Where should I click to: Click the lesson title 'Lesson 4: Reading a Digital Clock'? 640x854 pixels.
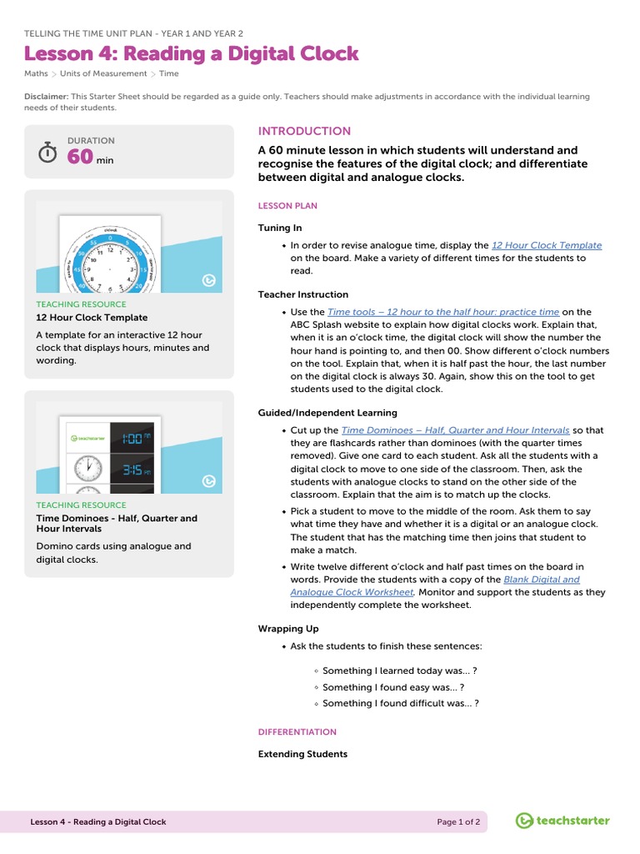click(192, 54)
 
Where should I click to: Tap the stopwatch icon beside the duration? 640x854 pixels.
click(48, 153)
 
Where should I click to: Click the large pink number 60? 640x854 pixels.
click(80, 157)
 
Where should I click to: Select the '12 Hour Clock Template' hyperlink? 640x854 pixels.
click(546, 245)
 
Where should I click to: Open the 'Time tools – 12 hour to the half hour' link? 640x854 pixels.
click(443, 312)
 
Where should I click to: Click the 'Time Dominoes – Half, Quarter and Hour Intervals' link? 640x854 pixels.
click(456, 430)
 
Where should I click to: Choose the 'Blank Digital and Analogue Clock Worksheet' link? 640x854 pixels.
click(434, 585)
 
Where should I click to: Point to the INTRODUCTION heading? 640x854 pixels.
click(304, 131)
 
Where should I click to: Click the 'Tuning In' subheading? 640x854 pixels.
click(280, 228)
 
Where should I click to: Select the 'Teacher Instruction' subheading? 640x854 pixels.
click(303, 294)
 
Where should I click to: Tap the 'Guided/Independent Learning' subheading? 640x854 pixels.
click(327, 413)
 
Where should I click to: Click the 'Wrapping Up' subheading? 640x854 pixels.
click(288, 629)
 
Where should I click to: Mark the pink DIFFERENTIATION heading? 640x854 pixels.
click(297, 732)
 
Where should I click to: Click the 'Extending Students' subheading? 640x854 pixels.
click(302, 754)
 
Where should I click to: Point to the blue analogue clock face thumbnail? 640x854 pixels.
click(110, 264)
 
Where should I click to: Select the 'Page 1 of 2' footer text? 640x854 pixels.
click(458, 821)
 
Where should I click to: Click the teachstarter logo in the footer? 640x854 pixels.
click(562, 821)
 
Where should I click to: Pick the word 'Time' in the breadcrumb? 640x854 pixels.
click(168, 73)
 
